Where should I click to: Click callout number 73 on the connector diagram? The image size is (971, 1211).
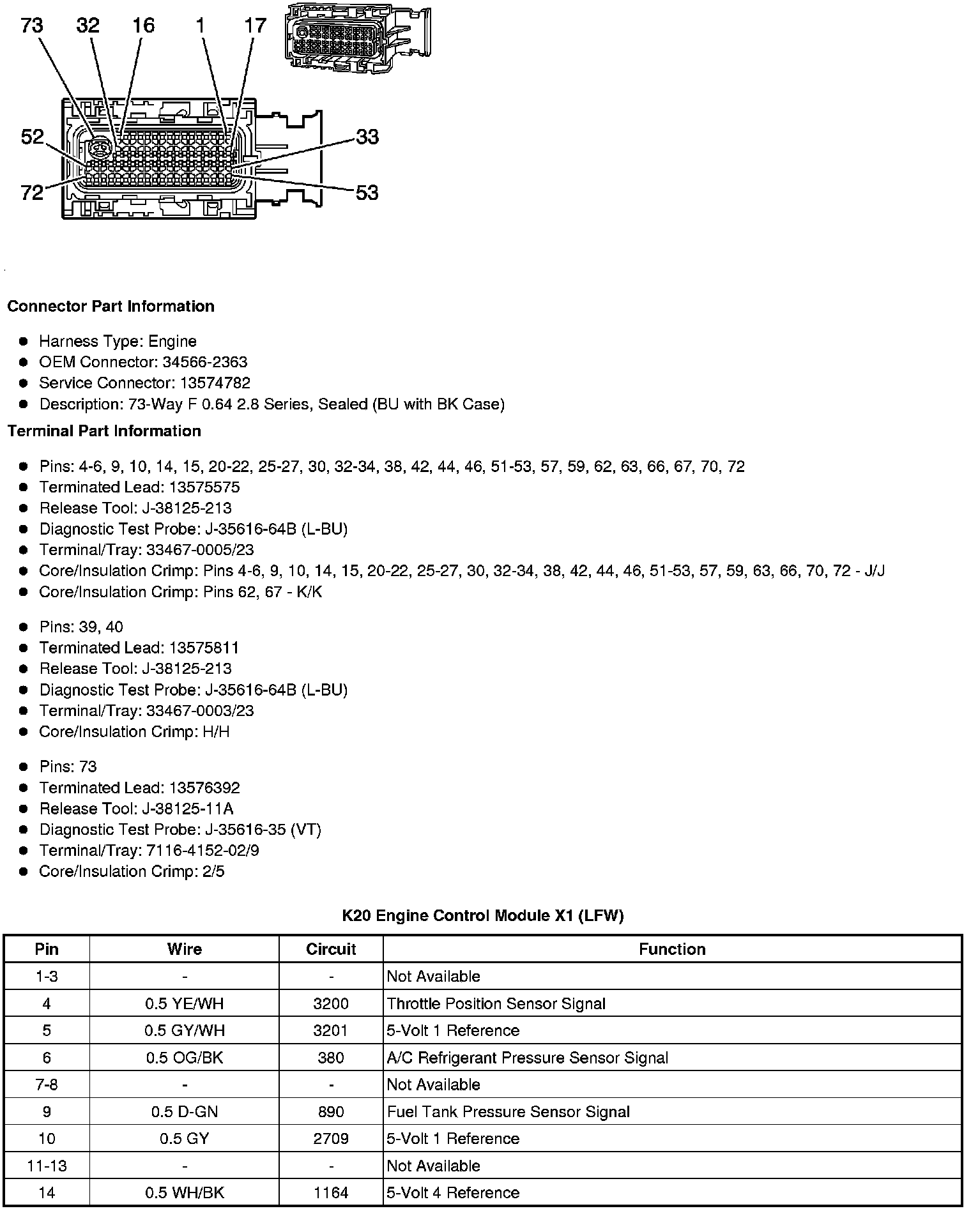pyautogui.click(x=32, y=26)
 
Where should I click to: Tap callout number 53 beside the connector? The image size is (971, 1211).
pyautogui.click(x=367, y=192)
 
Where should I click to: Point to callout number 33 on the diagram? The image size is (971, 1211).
pyautogui.click(x=367, y=137)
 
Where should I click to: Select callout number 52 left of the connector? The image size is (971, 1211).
pyautogui.click(x=33, y=137)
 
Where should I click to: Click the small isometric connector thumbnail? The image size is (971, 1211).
pyautogui.click(x=357, y=36)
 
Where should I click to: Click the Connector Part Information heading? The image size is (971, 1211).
pyautogui.click(x=111, y=307)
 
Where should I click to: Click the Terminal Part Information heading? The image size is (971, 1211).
pyautogui.click(x=104, y=431)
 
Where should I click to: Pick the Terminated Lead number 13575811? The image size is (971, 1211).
pyautogui.click(x=204, y=648)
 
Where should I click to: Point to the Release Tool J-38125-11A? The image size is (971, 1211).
pyautogui.click(x=187, y=809)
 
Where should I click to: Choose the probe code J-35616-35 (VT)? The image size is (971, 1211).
pyautogui.click(x=263, y=830)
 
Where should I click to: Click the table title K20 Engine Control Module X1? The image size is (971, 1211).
pyautogui.click(x=482, y=915)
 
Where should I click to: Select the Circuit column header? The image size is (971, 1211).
pyautogui.click(x=331, y=949)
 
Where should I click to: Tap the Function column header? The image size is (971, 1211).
pyautogui.click(x=672, y=949)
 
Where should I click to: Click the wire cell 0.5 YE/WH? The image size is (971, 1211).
pyautogui.click(x=185, y=1003)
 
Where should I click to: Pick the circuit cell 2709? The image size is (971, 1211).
pyautogui.click(x=331, y=1138)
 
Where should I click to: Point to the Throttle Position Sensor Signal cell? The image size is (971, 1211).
pyautogui.click(x=496, y=1003)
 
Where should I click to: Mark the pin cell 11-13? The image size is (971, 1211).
pyautogui.click(x=47, y=1166)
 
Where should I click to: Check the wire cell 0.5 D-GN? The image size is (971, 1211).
pyautogui.click(x=185, y=1111)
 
